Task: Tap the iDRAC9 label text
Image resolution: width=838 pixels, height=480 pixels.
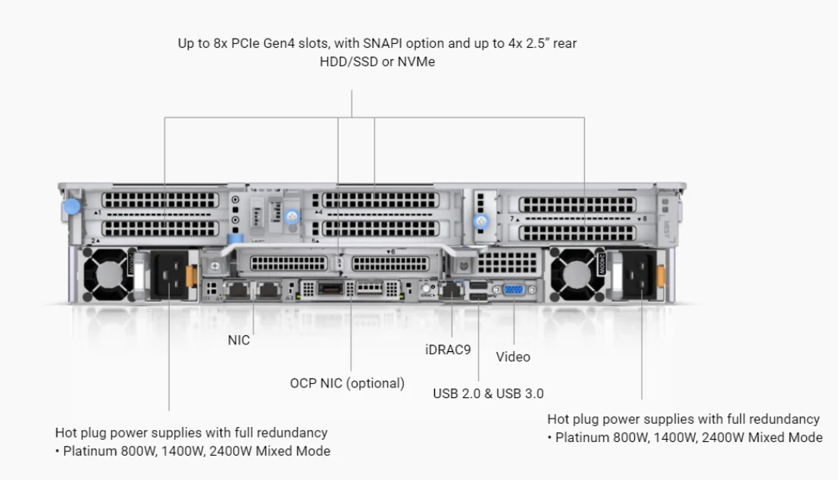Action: tap(448, 350)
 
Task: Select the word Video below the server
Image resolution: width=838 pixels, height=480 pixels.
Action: tap(513, 356)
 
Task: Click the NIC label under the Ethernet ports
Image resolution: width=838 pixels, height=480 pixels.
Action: tap(239, 340)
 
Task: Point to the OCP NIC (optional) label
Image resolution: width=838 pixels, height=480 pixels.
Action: tap(347, 383)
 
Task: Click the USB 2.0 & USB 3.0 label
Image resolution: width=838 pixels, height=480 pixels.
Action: tap(488, 394)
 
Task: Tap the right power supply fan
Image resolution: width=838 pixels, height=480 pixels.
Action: tap(579, 272)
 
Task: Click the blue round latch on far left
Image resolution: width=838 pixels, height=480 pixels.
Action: tap(72, 205)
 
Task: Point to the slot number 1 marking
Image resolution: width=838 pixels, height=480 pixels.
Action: tap(97, 214)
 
